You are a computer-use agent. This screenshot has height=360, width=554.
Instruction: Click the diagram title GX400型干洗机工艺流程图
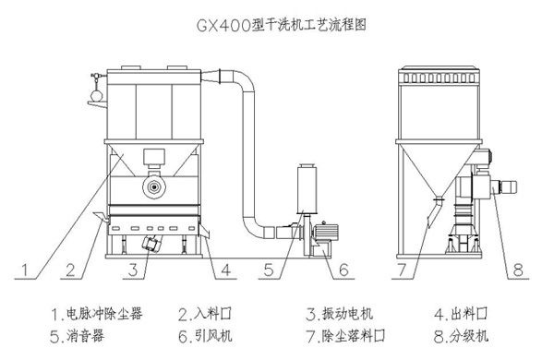click(281, 25)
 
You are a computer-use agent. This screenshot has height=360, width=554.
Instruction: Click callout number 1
click(24, 270)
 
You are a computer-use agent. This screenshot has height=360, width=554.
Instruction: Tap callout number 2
click(70, 270)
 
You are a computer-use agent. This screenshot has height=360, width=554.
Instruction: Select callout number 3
click(133, 270)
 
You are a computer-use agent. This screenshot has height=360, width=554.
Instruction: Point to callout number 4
click(226, 270)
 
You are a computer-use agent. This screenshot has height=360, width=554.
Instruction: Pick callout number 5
click(269, 270)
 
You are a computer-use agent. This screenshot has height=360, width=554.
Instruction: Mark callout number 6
click(343, 270)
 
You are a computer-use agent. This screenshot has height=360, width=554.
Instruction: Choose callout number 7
click(402, 270)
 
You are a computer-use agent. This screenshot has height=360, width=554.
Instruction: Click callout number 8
click(518, 270)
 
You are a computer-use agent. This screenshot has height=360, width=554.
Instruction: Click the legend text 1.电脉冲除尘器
click(97, 313)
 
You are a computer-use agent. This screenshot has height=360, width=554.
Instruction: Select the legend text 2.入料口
click(205, 313)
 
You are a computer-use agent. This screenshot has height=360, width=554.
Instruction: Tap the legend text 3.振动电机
click(340, 313)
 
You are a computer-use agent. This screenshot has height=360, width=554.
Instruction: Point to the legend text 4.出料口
click(461, 313)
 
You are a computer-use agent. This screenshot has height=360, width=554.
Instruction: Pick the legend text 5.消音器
click(77, 336)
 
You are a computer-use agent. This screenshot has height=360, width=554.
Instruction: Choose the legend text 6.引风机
click(205, 336)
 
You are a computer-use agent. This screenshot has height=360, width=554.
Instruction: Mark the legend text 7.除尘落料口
click(346, 336)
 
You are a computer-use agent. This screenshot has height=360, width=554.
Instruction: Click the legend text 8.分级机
click(461, 336)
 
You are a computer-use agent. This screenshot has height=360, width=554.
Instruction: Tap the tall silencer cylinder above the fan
click(307, 189)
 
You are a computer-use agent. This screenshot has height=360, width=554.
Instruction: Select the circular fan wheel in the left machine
click(154, 186)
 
